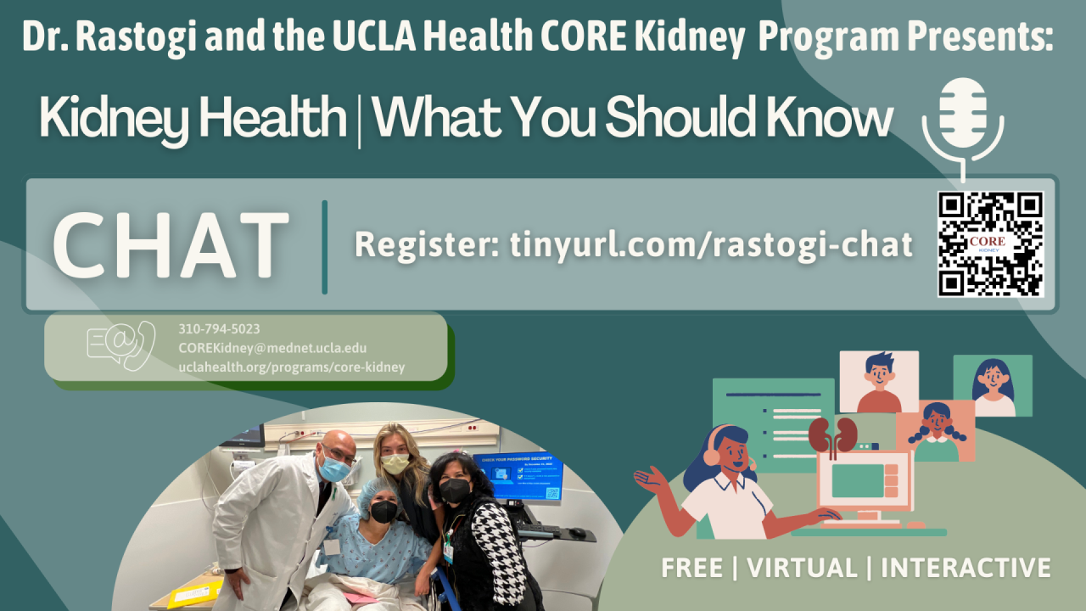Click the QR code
click(990, 244)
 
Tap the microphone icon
click(963, 115)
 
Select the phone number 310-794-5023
click(219, 329)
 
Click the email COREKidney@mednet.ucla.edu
click(272, 349)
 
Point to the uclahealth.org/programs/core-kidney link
click(291, 367)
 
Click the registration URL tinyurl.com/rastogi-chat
click(711, 244)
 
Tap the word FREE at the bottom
click(692, 568)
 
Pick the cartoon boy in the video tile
click(879, 382)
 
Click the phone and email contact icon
click(120, 346)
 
